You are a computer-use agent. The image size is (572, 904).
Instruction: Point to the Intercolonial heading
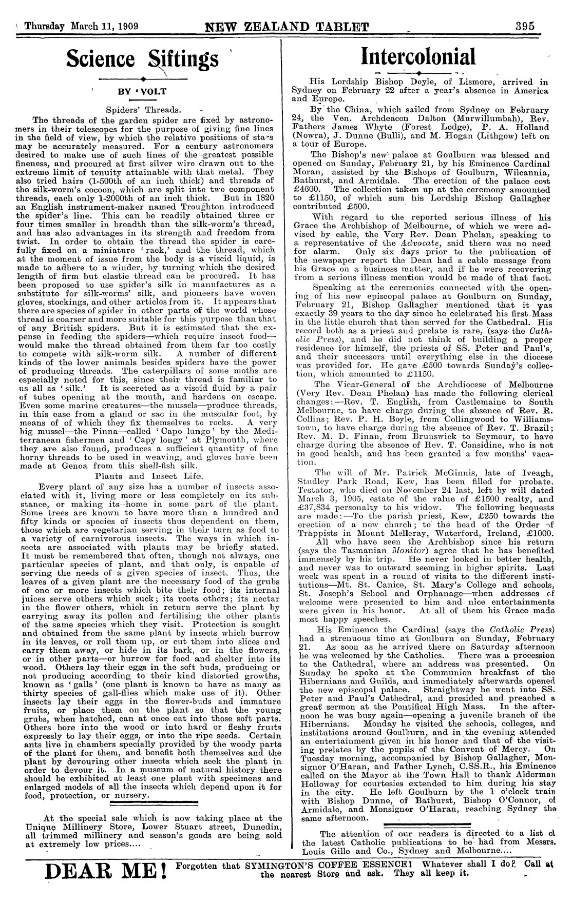[x=418, y=56]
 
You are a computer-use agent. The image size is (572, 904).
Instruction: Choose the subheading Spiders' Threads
[x=143, y=109]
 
